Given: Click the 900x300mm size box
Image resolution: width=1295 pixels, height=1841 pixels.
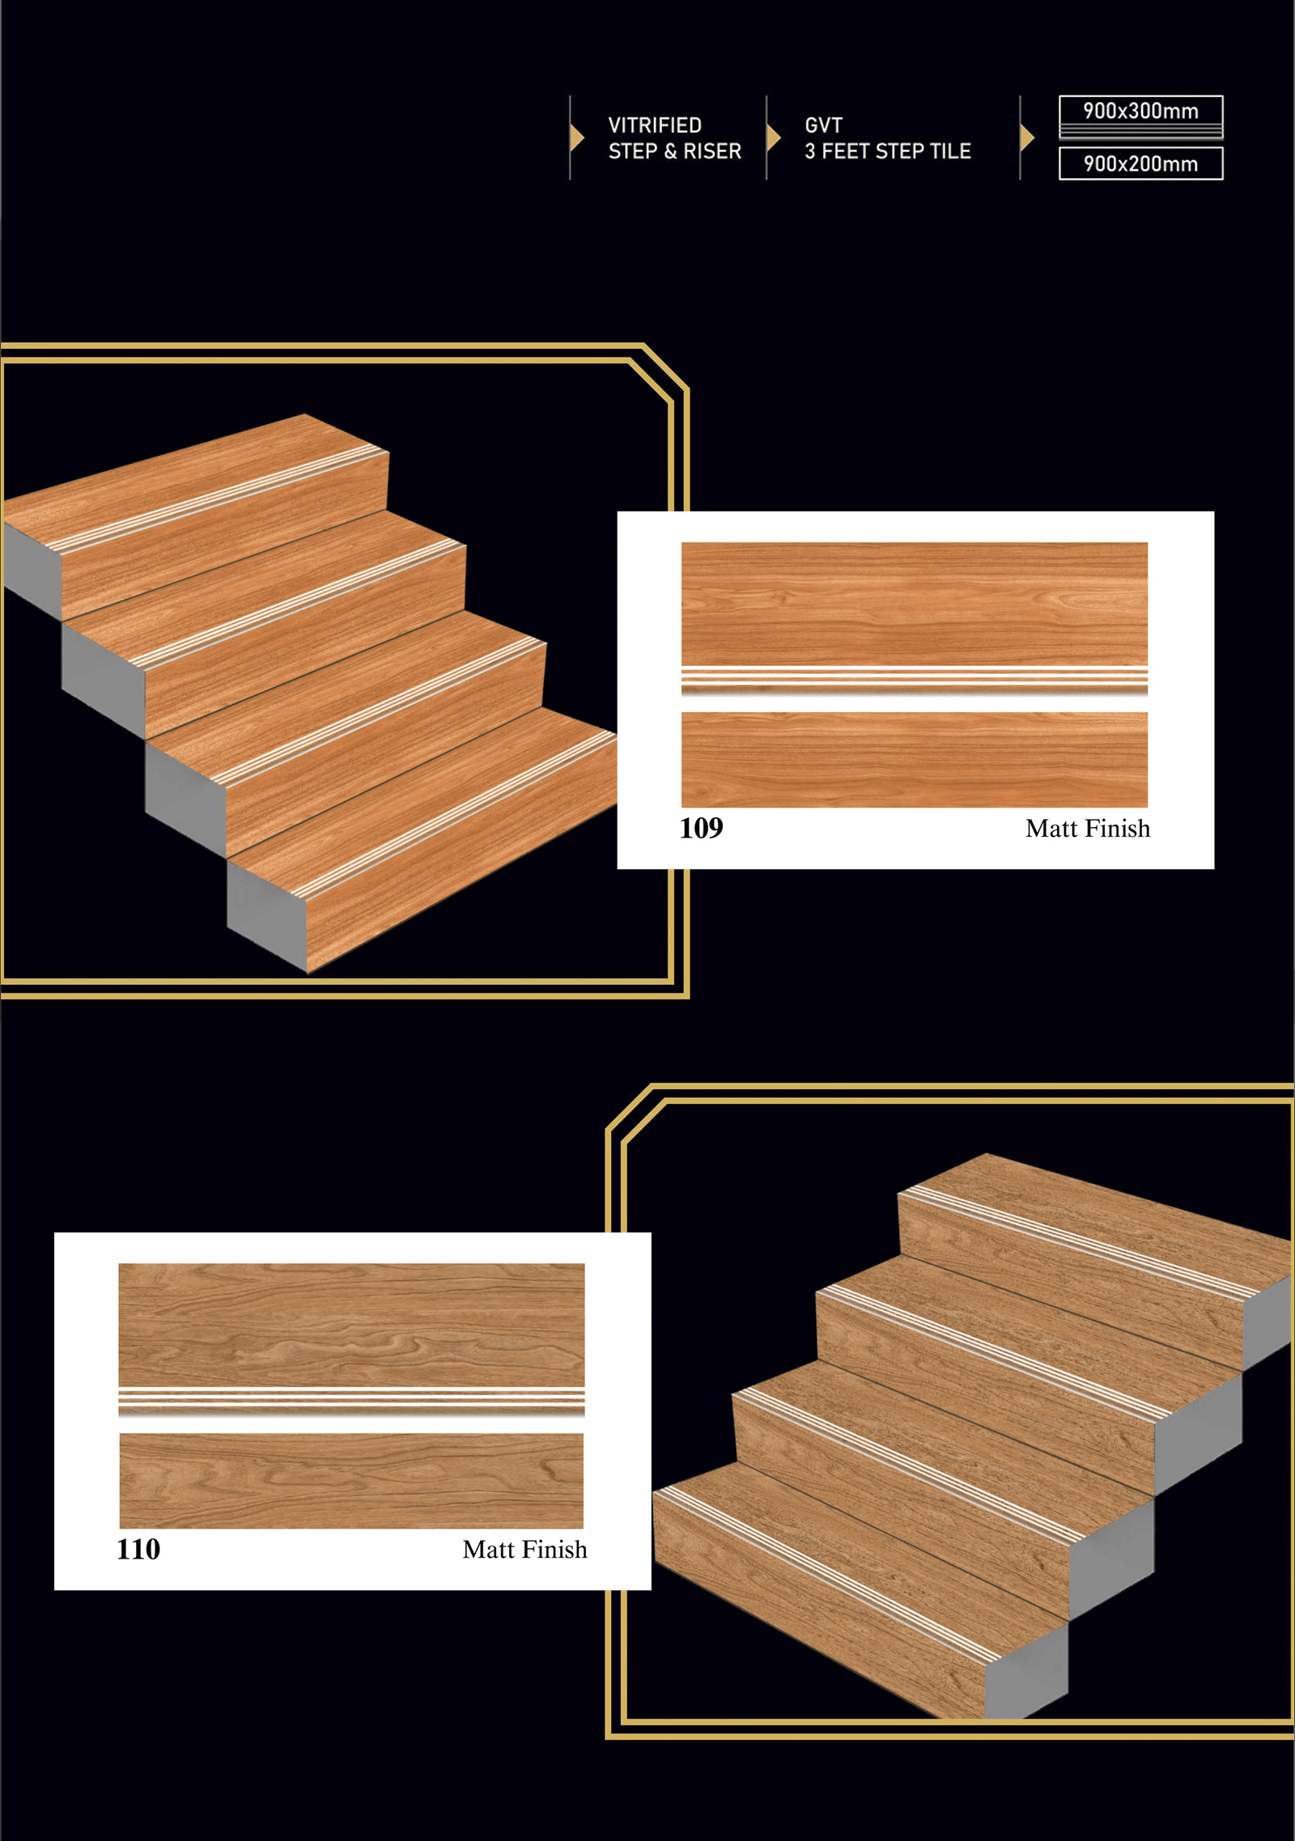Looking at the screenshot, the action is (1140, 117).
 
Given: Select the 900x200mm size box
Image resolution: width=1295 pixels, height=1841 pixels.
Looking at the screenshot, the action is (1140, 163).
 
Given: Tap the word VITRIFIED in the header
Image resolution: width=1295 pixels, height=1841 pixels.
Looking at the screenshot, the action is (655, 125).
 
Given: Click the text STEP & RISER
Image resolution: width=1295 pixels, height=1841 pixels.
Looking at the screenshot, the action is (674, 151).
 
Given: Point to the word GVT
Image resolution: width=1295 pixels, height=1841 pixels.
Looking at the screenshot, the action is (823, 125).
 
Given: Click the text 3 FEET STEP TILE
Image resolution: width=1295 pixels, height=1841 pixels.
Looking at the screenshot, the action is (887, 151).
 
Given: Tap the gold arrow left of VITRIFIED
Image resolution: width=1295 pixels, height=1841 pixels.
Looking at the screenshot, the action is (577, 138).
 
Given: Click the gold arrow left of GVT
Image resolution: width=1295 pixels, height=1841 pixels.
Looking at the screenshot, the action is (774, 138).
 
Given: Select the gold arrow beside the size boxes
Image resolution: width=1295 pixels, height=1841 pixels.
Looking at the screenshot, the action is (1028, 138).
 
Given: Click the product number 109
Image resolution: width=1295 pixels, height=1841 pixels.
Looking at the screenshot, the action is (701, 828).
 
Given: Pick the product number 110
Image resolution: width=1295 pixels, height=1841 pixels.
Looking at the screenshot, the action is (138, 1549).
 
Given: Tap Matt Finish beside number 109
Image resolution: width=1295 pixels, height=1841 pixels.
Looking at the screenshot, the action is (1087, 829).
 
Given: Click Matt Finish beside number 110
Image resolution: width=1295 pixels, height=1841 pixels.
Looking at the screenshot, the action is (524, 1550).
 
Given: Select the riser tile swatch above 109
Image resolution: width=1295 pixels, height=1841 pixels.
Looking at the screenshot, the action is (915, 760).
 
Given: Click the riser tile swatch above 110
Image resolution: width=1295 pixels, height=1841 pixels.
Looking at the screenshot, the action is (351, 1481).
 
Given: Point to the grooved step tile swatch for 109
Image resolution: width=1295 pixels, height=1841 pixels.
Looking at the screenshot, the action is (915, 619).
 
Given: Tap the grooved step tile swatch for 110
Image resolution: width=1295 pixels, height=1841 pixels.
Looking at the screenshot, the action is (351, 1340).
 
